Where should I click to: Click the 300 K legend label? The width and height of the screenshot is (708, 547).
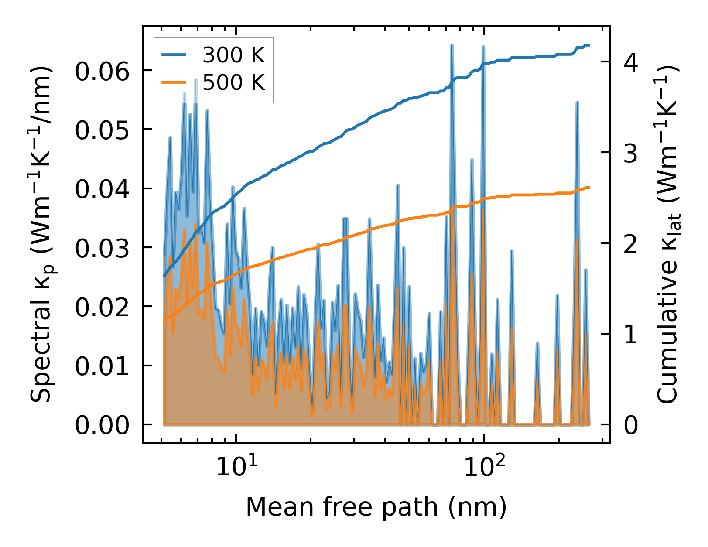[234, 55]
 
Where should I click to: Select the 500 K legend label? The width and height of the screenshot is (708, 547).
[234, 82]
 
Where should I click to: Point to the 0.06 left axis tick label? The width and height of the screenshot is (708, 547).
[103, 71]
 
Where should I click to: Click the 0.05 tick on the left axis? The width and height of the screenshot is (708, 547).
[103, 130]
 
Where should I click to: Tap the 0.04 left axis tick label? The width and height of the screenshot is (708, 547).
[103, 189]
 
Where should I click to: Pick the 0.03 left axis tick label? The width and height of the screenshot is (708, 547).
[103, 248]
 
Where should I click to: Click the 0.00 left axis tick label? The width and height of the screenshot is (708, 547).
[103, 425]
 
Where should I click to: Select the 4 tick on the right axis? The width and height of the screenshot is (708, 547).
[631, 62]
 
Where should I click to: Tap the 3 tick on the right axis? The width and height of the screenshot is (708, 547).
[631, 153]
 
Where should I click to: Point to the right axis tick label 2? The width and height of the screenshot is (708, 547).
[631, 244]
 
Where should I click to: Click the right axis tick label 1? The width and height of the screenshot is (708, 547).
[631, 335]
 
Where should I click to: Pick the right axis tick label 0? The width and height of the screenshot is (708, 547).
[631, 425]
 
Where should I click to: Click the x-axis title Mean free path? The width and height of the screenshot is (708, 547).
[376, 507]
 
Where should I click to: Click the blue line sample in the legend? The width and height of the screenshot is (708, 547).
[174, 55]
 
